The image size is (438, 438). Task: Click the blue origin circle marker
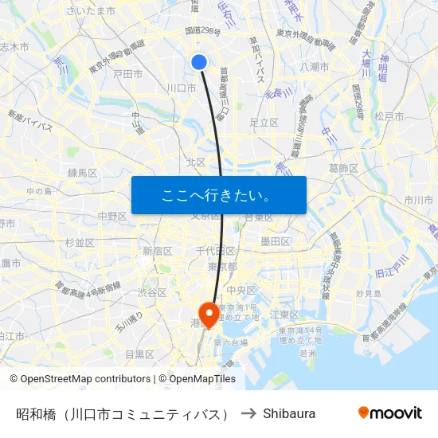(x=199, y=62)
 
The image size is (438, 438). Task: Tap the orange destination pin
(x=209, y=313)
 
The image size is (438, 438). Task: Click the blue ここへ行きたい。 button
(x=219, y=195)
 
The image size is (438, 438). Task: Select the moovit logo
(x=390, y=413)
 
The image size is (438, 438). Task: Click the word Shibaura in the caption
(x=289, y=413)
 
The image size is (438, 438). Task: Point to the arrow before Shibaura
(x=248, y=413)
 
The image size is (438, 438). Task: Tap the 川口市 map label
(x=182, y=88)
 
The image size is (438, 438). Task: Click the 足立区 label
(x=264, y=123)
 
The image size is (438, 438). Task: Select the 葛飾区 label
(x=344, y=168)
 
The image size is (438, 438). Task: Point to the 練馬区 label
(x=82, y=172)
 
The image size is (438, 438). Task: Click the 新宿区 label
(x=158, y=251)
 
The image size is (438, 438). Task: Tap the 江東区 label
(x=284, y=315)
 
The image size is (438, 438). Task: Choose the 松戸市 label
(x=389, y=116)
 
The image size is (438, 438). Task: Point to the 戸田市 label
(x=127, y=74)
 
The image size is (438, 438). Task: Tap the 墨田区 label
(x=276, y=241)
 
